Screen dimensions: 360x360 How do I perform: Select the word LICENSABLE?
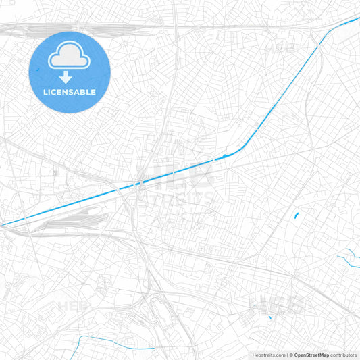pos(70,92)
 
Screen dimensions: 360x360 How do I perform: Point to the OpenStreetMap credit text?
pos(311,355)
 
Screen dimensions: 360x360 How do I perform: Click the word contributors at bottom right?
pos(343,355)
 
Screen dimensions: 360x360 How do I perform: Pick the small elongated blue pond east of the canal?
pos(296,215)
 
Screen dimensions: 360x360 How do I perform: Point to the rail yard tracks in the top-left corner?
pos(41,28)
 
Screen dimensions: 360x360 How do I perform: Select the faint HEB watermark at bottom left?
pos(70,306)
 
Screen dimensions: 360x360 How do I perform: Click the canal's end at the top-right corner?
pos(358,18)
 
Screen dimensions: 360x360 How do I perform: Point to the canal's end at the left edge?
pos(2,224)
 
